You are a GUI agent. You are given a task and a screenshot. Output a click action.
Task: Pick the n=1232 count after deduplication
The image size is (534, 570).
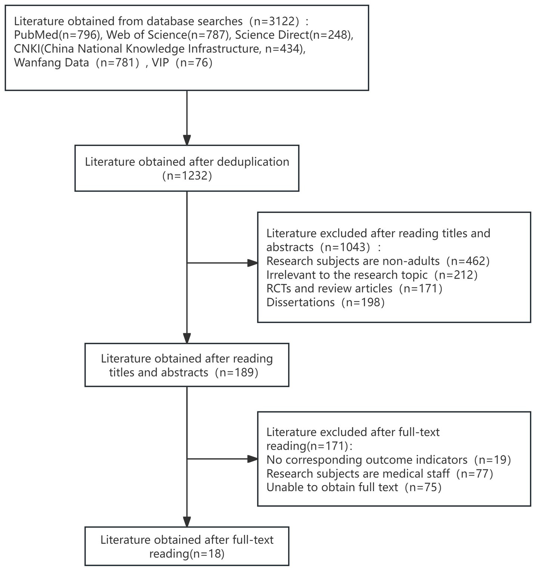coord(187,176)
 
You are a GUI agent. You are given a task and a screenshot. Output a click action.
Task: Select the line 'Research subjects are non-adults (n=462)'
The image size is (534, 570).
coord(378,261)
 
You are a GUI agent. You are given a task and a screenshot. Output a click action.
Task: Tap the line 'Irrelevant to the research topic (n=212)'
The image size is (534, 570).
coord(372,275)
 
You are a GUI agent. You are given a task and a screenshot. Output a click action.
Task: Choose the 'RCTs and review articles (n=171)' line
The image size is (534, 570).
coord(354,288)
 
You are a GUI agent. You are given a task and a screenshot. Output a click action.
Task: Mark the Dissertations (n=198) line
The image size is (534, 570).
coord(325,302)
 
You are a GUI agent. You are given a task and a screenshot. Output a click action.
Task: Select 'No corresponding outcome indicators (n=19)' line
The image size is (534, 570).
coord(388,459)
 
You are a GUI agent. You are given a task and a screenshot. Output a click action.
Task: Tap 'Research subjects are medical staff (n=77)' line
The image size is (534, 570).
coord(380,473)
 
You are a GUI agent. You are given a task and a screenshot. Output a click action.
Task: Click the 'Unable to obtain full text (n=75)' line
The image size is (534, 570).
coord(354,487)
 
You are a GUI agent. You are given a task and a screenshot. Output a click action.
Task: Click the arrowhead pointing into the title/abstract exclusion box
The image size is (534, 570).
coord(253,263)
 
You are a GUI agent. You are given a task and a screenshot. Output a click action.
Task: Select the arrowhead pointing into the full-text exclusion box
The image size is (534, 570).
coord(253,459)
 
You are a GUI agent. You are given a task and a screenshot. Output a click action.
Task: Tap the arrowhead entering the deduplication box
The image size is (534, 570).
coord(187,140)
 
